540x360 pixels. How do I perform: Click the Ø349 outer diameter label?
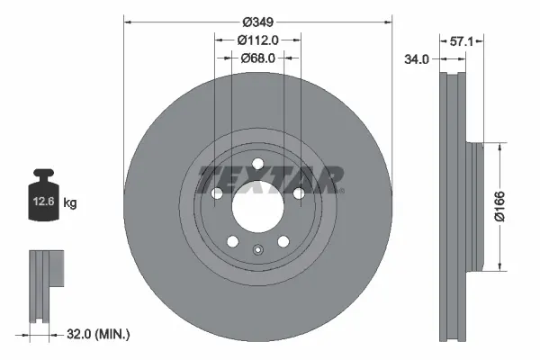point(258,19)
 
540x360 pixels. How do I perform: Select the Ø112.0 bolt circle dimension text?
point(257,39)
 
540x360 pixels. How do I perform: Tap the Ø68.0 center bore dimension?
point(257,58)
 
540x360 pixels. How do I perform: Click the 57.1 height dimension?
point(461,41)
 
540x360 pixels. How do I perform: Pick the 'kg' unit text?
point(70,203)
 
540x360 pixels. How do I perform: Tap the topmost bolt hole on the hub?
point(257,162)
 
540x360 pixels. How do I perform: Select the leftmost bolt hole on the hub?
point(216,193)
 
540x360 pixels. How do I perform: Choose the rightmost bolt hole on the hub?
point(299,193)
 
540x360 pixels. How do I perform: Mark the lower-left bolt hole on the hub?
point(232,241)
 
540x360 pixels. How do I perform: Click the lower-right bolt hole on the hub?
point(283,241)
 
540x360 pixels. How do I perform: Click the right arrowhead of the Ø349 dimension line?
point(389,19)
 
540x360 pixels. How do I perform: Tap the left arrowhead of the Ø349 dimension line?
point(127,19)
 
